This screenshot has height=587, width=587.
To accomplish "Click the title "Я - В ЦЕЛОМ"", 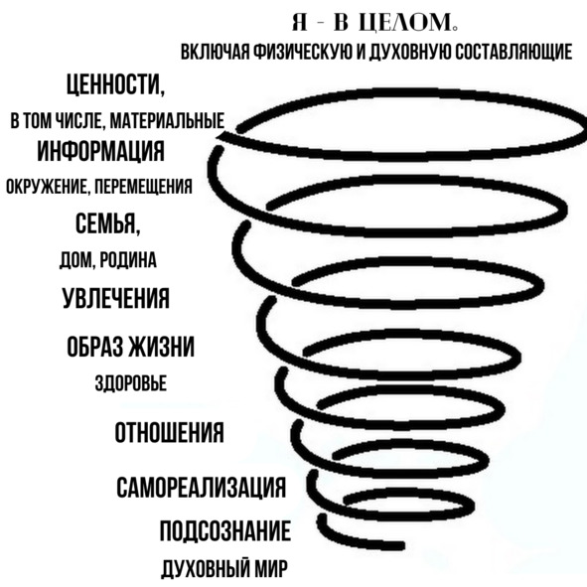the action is [x=374, y=23].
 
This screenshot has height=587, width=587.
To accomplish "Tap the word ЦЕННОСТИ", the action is [x=115, y=84].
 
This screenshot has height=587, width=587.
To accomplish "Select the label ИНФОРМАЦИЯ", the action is [x=100, y=151].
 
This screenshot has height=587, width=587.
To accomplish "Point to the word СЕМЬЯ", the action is [x=108, y=222].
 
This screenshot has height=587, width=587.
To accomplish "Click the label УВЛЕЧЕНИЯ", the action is [x=115, y=298].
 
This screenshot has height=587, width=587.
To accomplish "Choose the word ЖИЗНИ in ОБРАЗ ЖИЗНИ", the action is [x=162, y=347].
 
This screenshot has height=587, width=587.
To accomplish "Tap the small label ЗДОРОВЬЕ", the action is [x=131, y=383].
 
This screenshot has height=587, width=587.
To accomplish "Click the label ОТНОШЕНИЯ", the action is [x=169, y=432].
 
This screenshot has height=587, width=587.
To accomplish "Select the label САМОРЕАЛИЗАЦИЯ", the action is [x=201, y=487].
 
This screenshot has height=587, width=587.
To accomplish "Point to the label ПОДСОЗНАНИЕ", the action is [x=225, y=530].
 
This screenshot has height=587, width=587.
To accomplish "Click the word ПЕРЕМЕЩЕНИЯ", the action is [x=143, y=186].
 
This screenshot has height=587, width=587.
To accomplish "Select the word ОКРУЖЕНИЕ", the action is [x=47, y=186].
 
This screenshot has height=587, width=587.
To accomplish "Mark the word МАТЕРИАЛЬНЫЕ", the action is [x=168, y=120].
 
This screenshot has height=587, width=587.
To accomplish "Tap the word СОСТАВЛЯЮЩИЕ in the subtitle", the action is [x=514, y=52].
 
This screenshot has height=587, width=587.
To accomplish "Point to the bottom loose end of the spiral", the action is [x=401, y=545].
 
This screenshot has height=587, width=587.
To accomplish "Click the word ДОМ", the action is [x=76, y=260].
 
